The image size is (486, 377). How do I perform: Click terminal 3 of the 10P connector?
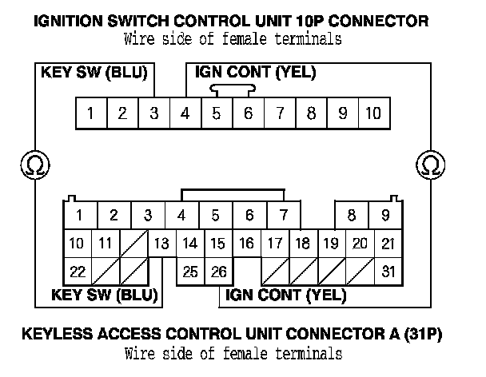153,113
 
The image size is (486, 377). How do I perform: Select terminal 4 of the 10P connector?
185,113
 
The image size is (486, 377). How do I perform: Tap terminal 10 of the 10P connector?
373,113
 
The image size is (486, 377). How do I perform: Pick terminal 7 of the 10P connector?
279,113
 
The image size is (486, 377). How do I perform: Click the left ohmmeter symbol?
34,165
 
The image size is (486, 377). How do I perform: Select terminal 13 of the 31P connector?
161,244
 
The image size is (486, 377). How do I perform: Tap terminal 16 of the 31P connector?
247,244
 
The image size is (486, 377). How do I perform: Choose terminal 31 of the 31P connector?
388,272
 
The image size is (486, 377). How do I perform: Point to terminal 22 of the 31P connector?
78,272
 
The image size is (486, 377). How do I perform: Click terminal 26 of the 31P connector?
218,272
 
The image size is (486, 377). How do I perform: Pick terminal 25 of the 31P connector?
190,272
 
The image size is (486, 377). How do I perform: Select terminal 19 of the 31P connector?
329,244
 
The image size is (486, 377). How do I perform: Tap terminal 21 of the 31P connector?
388,244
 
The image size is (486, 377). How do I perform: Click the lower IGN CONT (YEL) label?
286,295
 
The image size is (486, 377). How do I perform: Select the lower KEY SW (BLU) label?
104,295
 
